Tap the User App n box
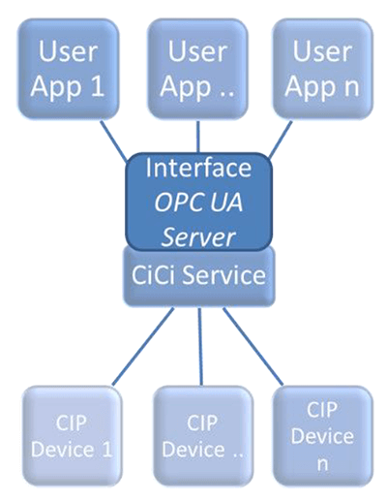(x=322, y=68)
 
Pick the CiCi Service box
(x=198, y=275)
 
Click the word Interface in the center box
(x=198, y=168)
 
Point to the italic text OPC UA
(x=198, y=202)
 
